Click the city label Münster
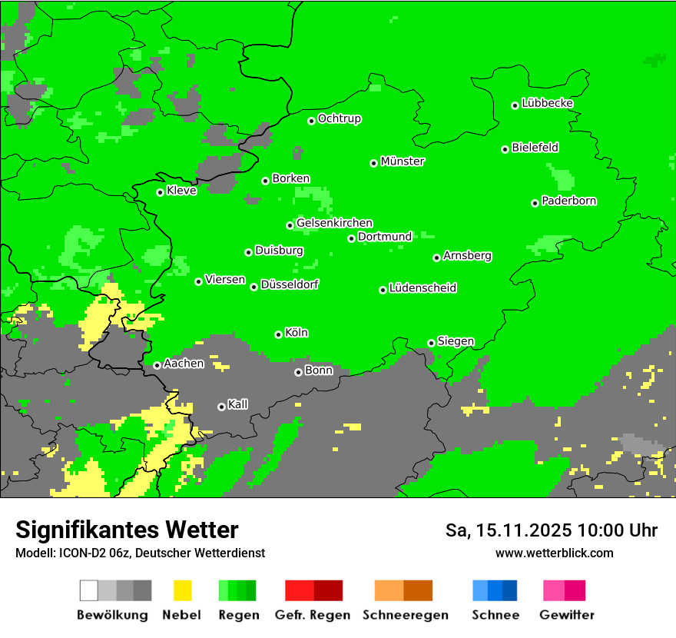click(x=403, y=161)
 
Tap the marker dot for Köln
click(x=279, y=334)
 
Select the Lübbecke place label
click(x=547, y=103)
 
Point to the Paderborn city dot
click(x=535, y=203)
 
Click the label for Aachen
click(x=184, y=364)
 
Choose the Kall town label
click(x=238, y=404)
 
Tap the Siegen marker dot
click(x=432, y=343)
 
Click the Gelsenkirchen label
click(x=334, y=223)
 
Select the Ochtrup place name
click(x=340, y=118)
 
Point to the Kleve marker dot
click(x=161, y=192)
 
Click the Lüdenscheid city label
click(x=422, y=288)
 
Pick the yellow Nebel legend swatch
click(x=182, y=590)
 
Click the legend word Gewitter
click(x=566, y=615)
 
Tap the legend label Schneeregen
click(x=405, y=615)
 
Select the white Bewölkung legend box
click(x=89, y=590)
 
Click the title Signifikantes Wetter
click(x=127, y=530)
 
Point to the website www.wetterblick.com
click(x=554, y=553)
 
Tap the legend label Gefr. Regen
click(x=312, y=615)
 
